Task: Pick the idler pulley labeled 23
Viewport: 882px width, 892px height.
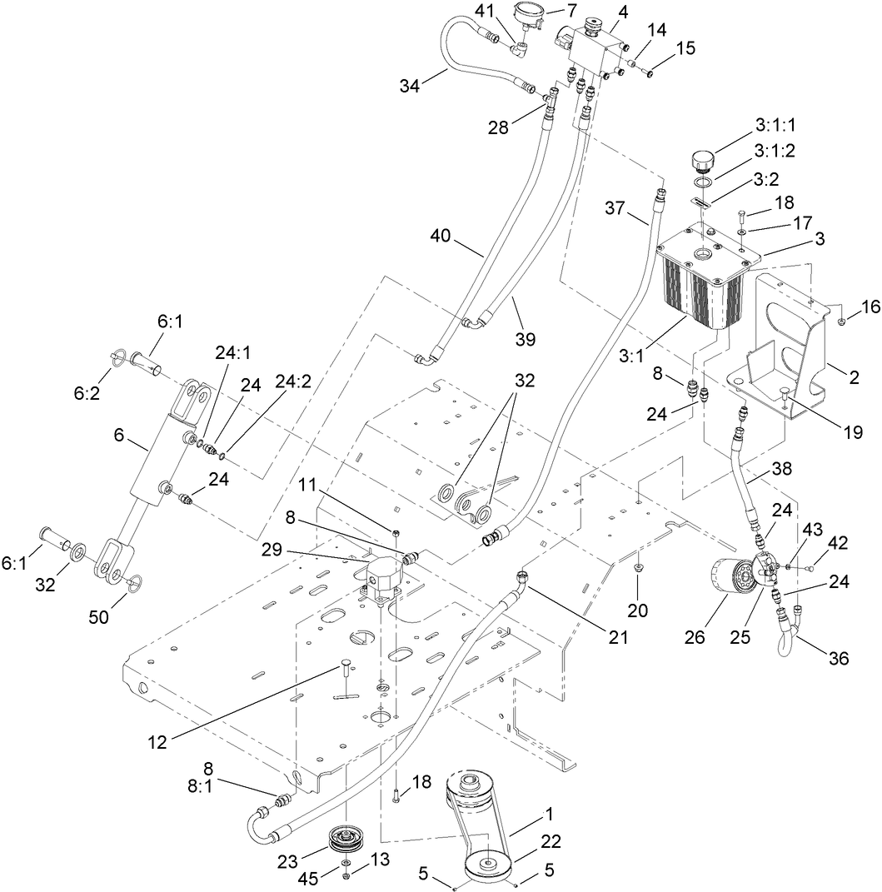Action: click(341, 839)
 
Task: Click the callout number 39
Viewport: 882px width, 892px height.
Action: click(525, 339)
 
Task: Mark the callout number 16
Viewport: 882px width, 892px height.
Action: click(847, 307)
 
